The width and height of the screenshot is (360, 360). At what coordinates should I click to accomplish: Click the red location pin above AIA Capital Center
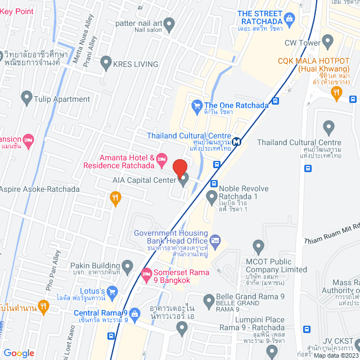point(180,168)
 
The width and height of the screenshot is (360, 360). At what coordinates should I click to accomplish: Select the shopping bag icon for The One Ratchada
point(197,105)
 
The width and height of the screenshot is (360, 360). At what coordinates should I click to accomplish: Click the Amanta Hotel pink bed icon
point(161,158)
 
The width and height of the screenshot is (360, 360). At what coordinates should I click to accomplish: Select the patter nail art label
point(138,23)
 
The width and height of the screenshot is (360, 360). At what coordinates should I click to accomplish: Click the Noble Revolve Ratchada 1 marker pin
point(211,197)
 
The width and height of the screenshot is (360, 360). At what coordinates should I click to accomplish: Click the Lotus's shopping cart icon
point(112,291)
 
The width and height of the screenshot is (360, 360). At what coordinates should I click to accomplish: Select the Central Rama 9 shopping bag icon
point(134,313)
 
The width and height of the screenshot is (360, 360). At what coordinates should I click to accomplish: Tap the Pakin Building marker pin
point(128,265)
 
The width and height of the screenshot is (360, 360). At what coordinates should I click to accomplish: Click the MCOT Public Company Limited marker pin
point(259,246)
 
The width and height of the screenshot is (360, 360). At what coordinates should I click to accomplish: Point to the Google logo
point(19,353)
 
